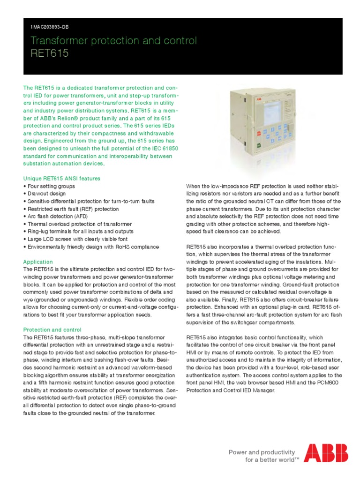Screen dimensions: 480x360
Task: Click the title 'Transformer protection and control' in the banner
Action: [x=113, y=41]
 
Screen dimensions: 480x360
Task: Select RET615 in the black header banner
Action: [x=49, y=53]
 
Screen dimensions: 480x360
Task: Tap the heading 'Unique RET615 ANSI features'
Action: [x=61, y=179]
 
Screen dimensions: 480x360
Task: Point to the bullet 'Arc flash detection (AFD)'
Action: [x=57, y=217]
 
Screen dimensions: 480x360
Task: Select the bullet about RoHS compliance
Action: [x=93, y=247]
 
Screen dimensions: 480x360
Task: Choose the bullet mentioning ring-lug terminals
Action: [x=80, y=232]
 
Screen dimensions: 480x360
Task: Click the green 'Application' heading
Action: [x=38, y=262]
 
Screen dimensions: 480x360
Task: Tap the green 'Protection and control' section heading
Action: [x=52, y=330]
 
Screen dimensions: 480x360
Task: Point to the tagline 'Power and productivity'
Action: [x=262, y=452]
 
